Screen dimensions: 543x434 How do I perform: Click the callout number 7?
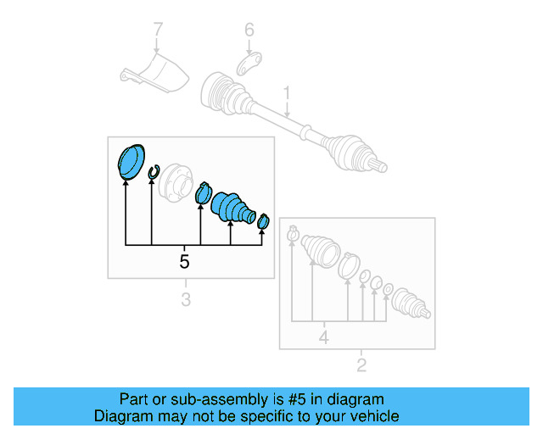(158, 29)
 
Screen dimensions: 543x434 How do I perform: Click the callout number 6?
(249, 30)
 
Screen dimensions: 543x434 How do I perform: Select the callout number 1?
(287, 93)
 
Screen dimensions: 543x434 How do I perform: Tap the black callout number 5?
(184, 261)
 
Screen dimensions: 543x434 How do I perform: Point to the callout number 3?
(186, 299)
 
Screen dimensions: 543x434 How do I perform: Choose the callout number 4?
(324, 337)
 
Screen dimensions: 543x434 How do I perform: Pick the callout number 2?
(361, 364)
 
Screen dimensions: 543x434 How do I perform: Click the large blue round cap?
(131, 162)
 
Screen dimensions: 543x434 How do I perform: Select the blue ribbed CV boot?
(232, 208)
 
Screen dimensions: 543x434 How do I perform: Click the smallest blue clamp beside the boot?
(263, 221)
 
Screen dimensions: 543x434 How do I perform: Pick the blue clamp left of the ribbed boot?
(204, 193)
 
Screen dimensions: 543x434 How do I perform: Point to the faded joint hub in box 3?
(175, 182)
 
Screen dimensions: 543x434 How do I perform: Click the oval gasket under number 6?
(249, 64)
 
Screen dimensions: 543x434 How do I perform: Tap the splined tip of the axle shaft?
(380, 166)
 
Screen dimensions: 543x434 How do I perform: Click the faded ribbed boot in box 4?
(321, 252)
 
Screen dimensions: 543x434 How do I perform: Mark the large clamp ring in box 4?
(349, 266)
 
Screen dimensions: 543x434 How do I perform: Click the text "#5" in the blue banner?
(297, 399)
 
